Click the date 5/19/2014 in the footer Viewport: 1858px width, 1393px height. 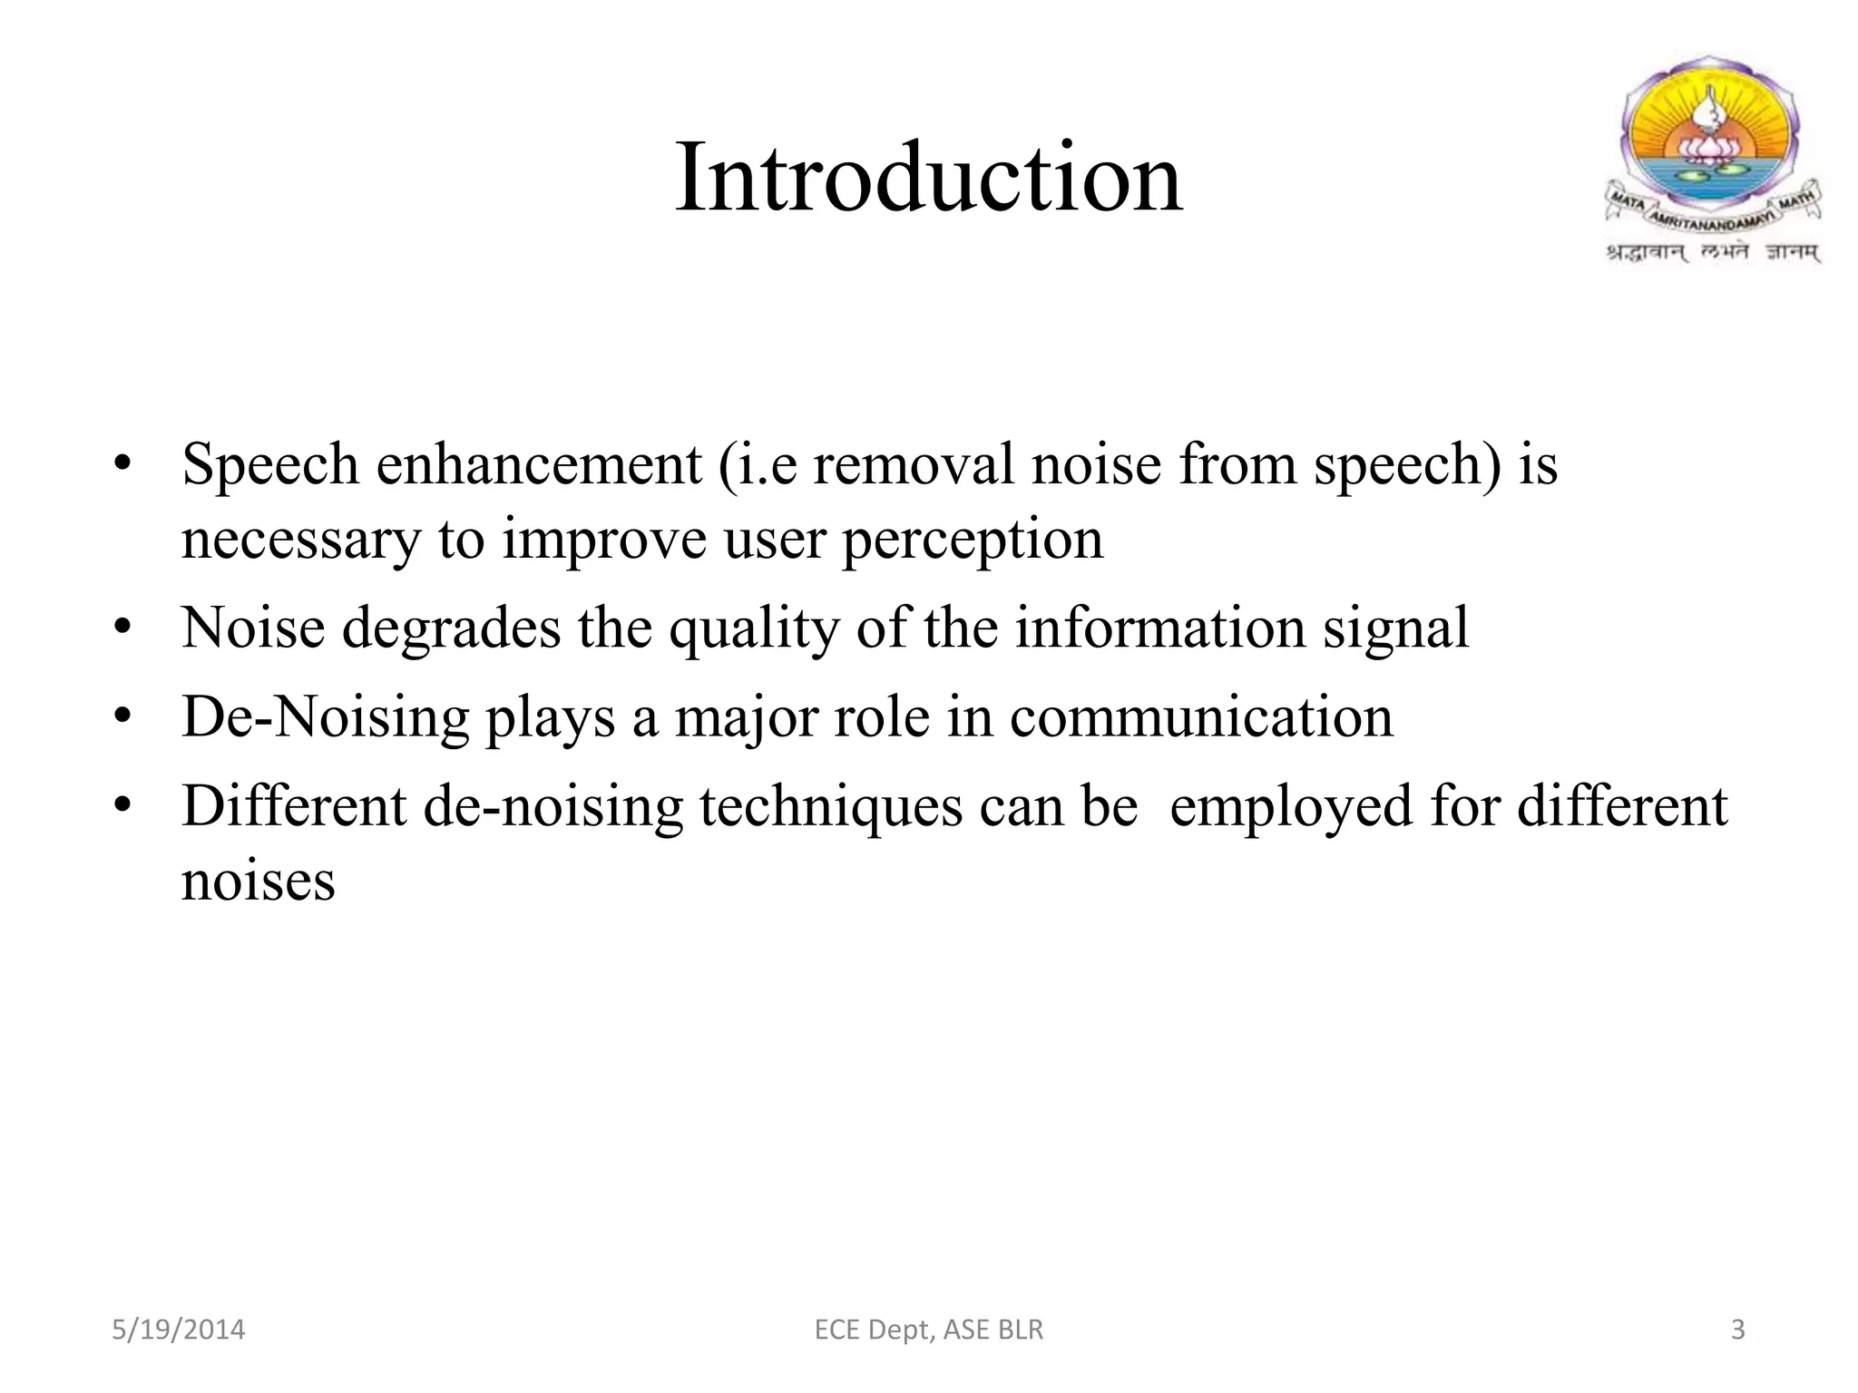(x=179, y=1330)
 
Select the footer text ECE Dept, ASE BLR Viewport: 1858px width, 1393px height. (x=929, y=1330)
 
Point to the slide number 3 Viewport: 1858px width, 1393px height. (x=1737, y=1330)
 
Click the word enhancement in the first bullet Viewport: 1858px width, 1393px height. (x=539, y=464)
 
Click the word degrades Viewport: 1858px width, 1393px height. (x=451, y=628)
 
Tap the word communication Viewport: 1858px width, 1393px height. (x=1201, y=716)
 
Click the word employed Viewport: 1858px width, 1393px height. (x=1290, y=807)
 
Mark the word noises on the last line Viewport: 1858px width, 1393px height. (x=259, y=881)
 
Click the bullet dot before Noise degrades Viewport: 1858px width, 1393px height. (x=123, y=628)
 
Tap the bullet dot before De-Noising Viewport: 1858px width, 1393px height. (x=123, y=716)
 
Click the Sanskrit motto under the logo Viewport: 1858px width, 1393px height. (x=1713, y=253)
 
